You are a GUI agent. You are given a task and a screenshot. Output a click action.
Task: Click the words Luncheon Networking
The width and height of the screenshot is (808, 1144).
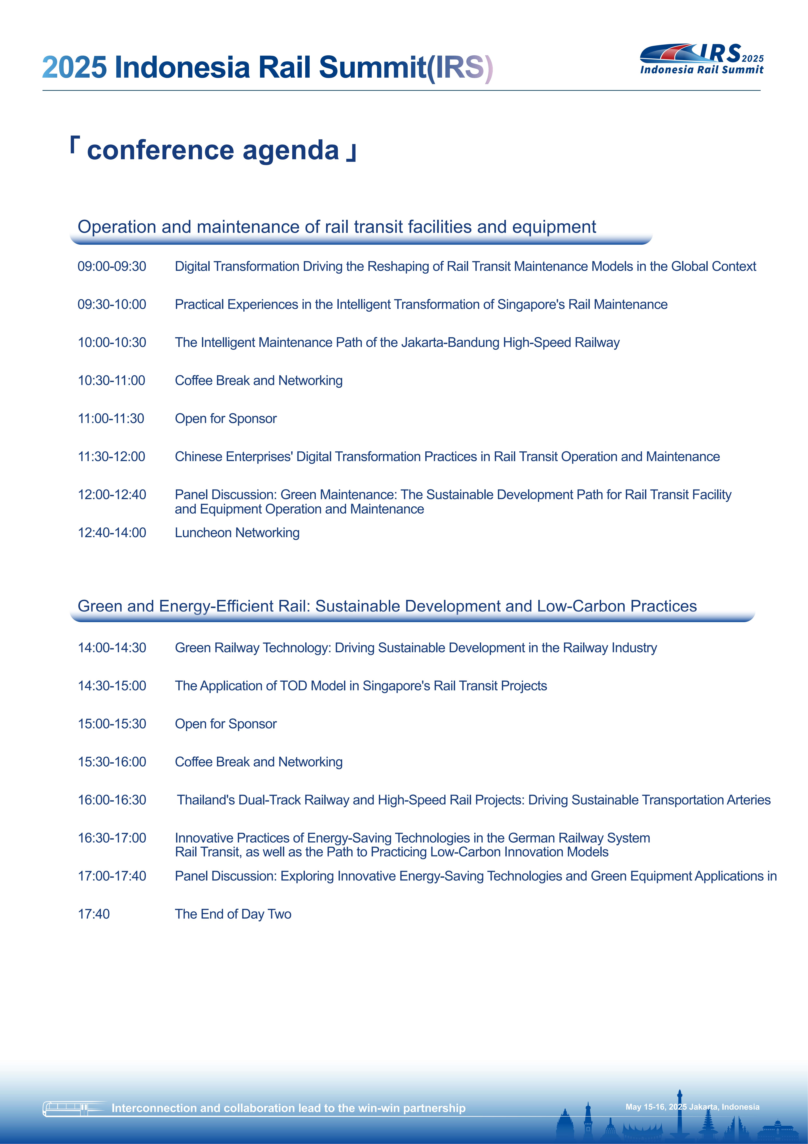[x=237, y=533]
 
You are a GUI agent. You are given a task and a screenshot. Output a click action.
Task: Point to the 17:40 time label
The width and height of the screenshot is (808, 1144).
[x=94, y=914]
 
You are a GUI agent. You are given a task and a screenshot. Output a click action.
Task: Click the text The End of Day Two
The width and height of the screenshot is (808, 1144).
[x=233, y=914]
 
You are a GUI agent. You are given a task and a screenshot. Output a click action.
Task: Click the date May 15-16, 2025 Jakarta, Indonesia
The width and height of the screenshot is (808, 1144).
[x=692, y=1107]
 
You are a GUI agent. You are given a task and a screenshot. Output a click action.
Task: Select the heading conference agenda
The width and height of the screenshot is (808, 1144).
[x=213, y=150]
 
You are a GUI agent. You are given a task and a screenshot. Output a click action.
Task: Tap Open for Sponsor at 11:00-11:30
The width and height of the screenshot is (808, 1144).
[x=226, y=419]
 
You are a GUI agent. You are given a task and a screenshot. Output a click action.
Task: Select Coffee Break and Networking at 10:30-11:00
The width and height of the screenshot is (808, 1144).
[x=258, y=381]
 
